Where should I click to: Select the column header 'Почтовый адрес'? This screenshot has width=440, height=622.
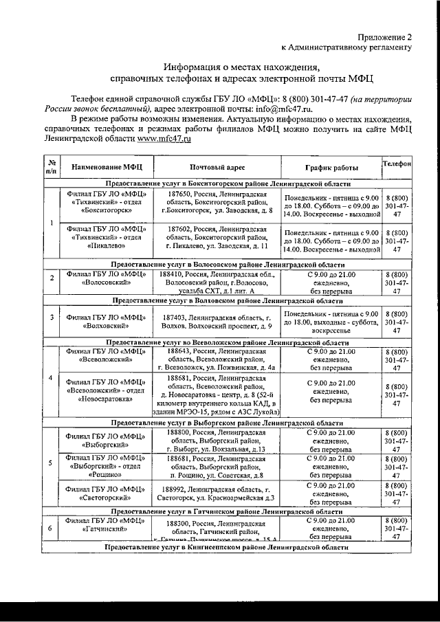tap(217, 167)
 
